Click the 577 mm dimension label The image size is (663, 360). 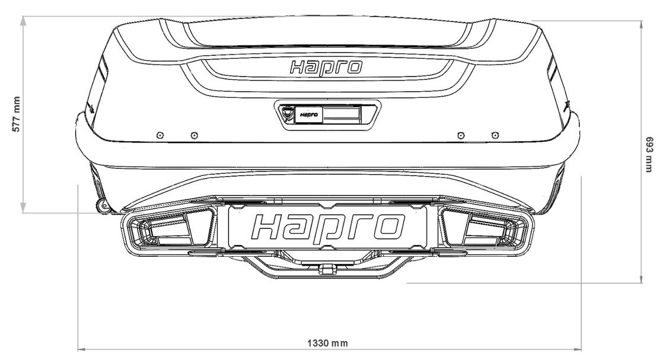pos(16,114)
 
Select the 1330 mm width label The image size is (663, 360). pos(327,343)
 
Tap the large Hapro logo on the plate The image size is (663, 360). pos(328,228)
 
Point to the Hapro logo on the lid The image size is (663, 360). pos(326,67)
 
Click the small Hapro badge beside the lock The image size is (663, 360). pos(309,114)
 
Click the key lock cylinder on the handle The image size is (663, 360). pos(287,113)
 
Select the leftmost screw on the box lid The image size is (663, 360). pos(160,135)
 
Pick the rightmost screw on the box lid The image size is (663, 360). pos(495,135)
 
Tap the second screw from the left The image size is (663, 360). pos(194,135)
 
